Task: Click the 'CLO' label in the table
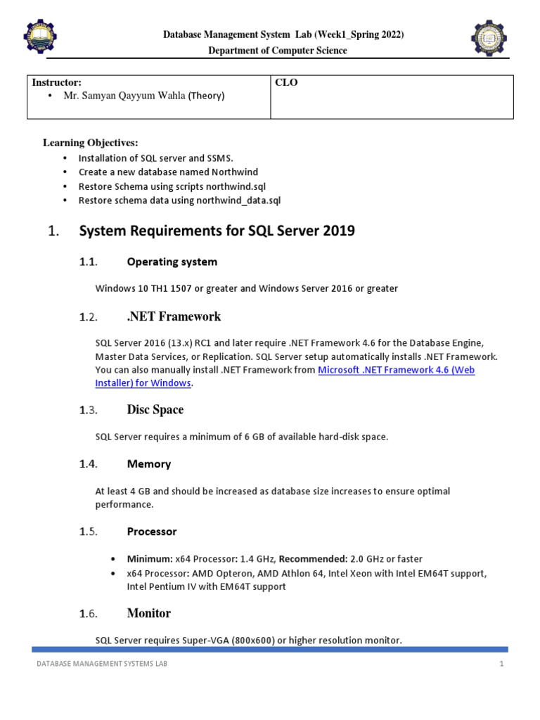tap(286, 82)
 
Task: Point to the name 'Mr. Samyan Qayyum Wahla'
tap(124, 96)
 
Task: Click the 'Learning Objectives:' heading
tap(91, 143)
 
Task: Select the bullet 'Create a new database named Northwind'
tap(168, 172)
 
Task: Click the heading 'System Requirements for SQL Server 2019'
tap(217, 231)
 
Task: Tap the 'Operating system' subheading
tap(172, 262)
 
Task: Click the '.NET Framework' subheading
tap(174, 316)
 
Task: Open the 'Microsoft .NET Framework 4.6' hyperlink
tap(396, 370)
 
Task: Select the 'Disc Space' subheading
tap(155, 410)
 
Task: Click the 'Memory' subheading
tap(148, 464)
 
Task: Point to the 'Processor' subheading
tap(151, 532)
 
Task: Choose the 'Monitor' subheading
tap(148, 613)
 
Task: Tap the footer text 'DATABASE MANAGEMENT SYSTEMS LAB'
tap(102, 664)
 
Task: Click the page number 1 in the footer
tap(502, 664)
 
